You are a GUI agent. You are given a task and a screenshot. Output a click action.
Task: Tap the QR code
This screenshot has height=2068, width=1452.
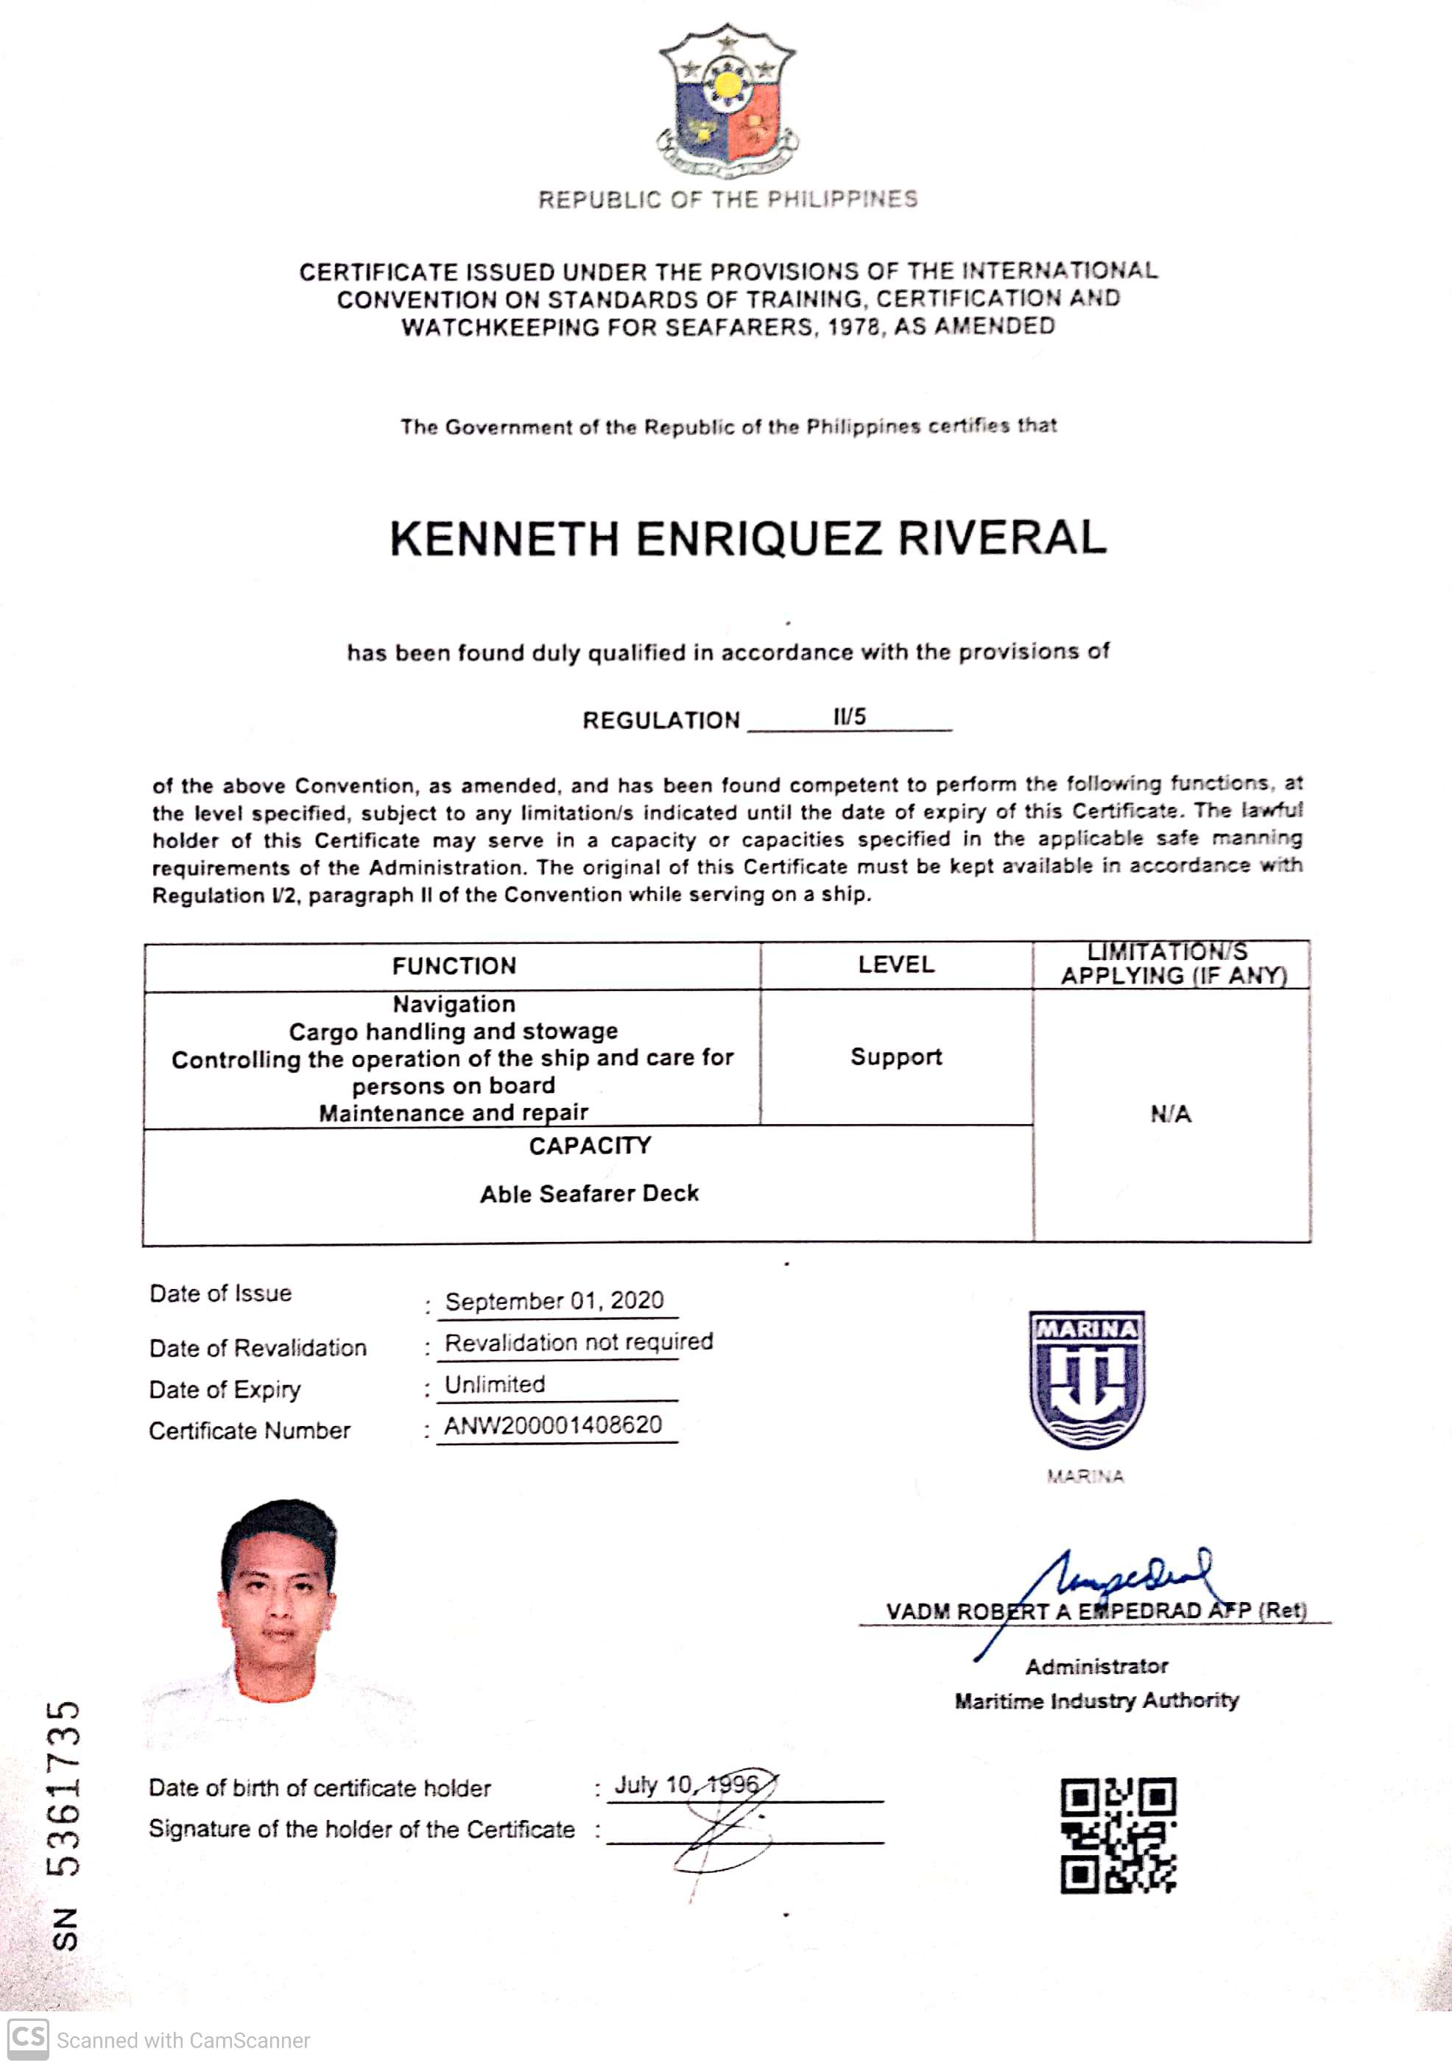pyautogui.click(x=1118, y=1835)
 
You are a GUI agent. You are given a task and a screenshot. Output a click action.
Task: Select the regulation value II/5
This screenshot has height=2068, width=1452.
pyautogui.click(x=848, y=717)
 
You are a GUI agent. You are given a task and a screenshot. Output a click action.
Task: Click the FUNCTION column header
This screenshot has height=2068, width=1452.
pyautogui.click(x=454, y=966)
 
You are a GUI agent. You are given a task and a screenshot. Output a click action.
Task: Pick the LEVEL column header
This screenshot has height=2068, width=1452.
pyautogui.click(x=895, y=964)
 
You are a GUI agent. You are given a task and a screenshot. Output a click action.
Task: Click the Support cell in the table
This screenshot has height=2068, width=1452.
pyautogui.click(x=895, y=1056)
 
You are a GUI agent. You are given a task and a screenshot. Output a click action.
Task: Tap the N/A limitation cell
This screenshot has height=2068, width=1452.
pyautogui.click(x=1170, y=1114)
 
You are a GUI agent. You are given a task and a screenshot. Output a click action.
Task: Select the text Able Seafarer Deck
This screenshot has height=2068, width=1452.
pyautogui.click(x=589, y=1193)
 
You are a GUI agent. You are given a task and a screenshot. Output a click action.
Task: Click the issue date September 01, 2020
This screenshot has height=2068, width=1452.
pyautogui.click(x=554, y=1301)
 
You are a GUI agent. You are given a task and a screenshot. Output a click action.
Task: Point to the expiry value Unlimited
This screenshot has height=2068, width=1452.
pyautogui.click(x=495, y=1384)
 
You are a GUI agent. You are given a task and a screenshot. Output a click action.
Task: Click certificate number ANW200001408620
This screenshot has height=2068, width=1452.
pyautogui.click(x=553, y=1425)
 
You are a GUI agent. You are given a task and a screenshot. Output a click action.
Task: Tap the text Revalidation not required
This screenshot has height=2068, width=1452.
pyautogui.click(x=578, y=1342)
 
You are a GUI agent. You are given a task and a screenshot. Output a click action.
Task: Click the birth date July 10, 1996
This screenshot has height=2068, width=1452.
pyautogui.click(x=686, y=1785)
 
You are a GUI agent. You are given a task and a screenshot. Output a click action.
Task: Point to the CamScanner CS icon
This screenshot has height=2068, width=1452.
pyautogui.click(x=28, y=2039)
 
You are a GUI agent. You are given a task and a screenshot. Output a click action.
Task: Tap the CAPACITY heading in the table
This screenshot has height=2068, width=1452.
pyautogui.click(x=589, y=1146)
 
